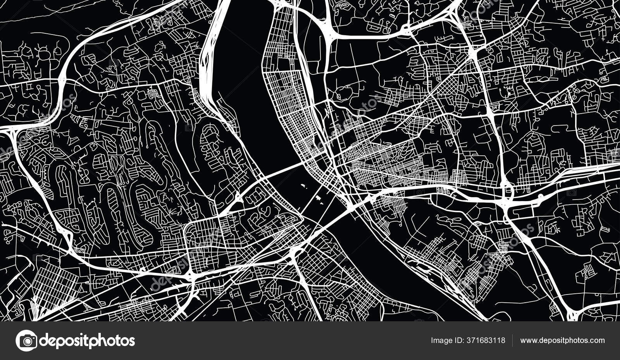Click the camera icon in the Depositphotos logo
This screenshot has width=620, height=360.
coord(26,341)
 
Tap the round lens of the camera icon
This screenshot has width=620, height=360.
coord(26,341)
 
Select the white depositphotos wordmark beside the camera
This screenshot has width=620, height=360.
coord(87,341)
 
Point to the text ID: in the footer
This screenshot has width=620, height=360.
coord(459,341)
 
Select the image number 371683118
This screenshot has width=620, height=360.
coord(486,341)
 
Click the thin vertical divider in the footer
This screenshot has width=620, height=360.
coord(513,341)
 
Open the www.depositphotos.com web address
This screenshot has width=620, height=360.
coord(562,341)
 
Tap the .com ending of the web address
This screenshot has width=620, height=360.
coord(597,341)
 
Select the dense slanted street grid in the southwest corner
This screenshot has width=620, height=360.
coord(54,283)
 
